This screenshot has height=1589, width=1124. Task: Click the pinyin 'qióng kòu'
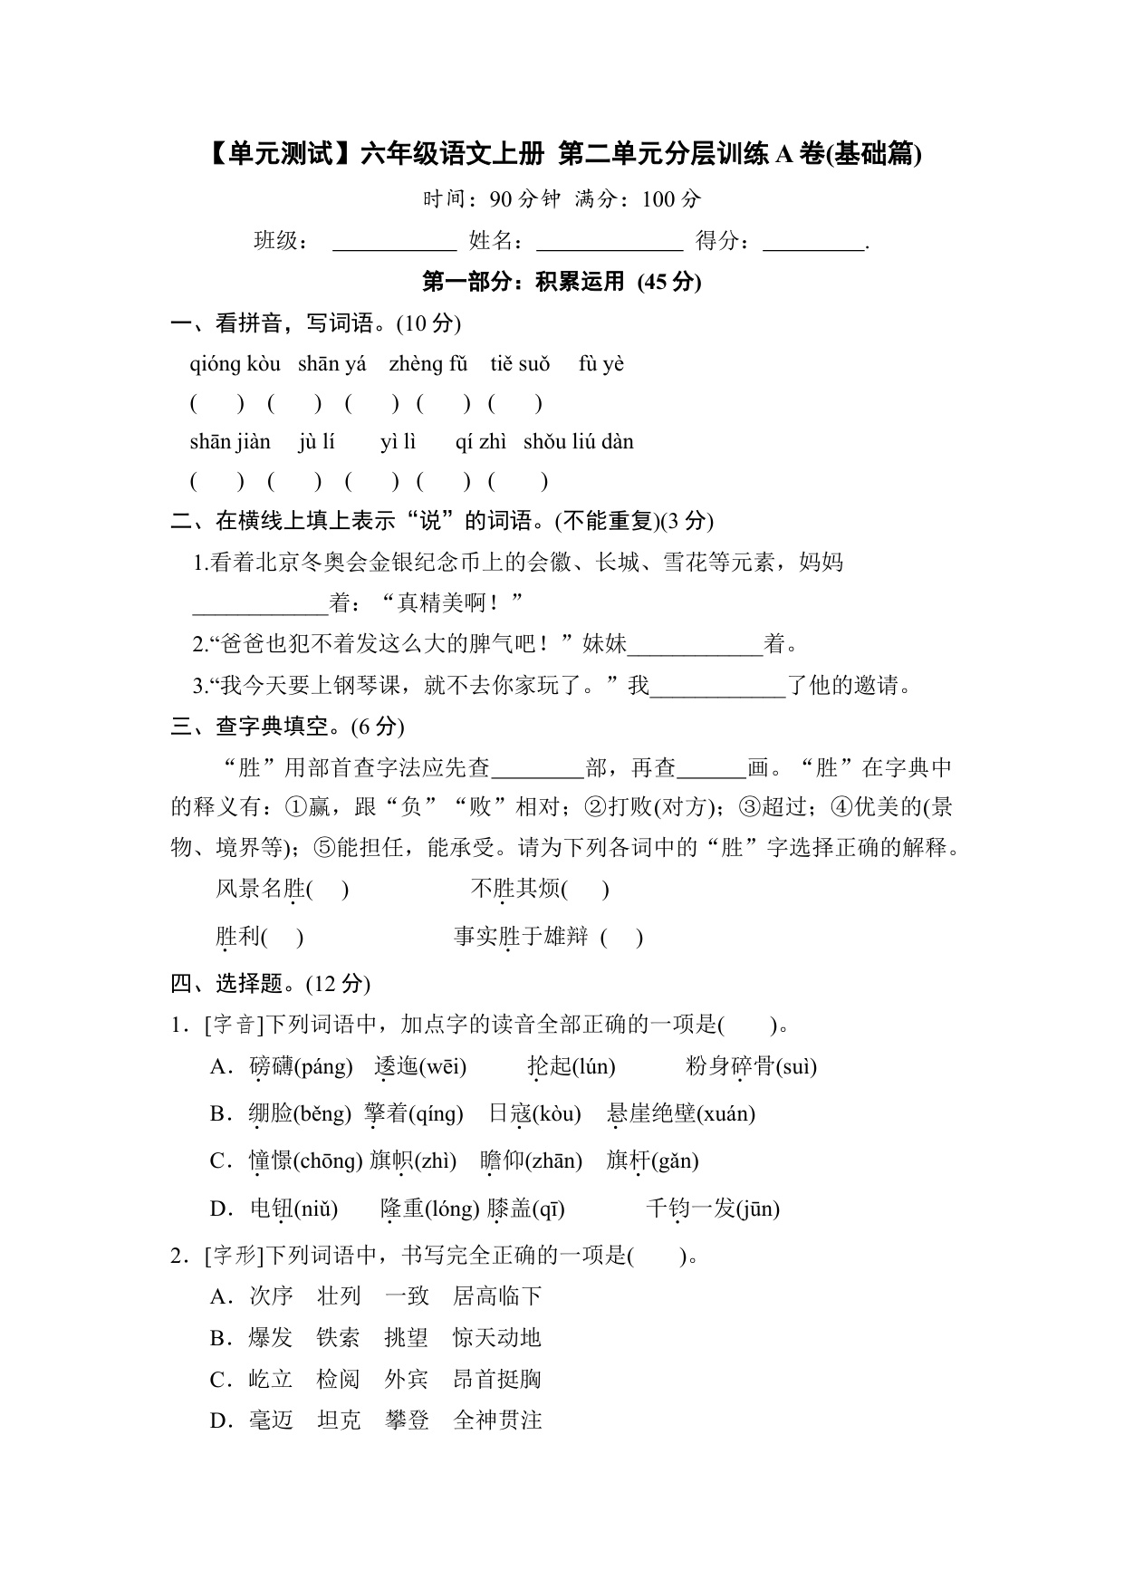235,364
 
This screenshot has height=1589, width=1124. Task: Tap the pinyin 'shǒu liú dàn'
578,442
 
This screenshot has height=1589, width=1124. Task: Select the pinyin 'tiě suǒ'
520,364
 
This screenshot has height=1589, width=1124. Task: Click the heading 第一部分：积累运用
562,282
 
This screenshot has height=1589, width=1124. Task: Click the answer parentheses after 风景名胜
328,889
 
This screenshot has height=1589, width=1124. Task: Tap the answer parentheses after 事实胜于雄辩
621,937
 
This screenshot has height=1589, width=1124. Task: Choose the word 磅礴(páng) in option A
301,1066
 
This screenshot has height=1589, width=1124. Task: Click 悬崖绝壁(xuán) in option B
680,1113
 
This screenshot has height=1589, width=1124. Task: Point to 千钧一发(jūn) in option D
712,1208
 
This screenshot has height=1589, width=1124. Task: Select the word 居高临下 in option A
497,1296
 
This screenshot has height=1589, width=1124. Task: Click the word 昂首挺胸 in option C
497,1380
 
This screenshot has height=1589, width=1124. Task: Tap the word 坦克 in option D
339,1420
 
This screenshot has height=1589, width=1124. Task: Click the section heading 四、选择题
270,984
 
